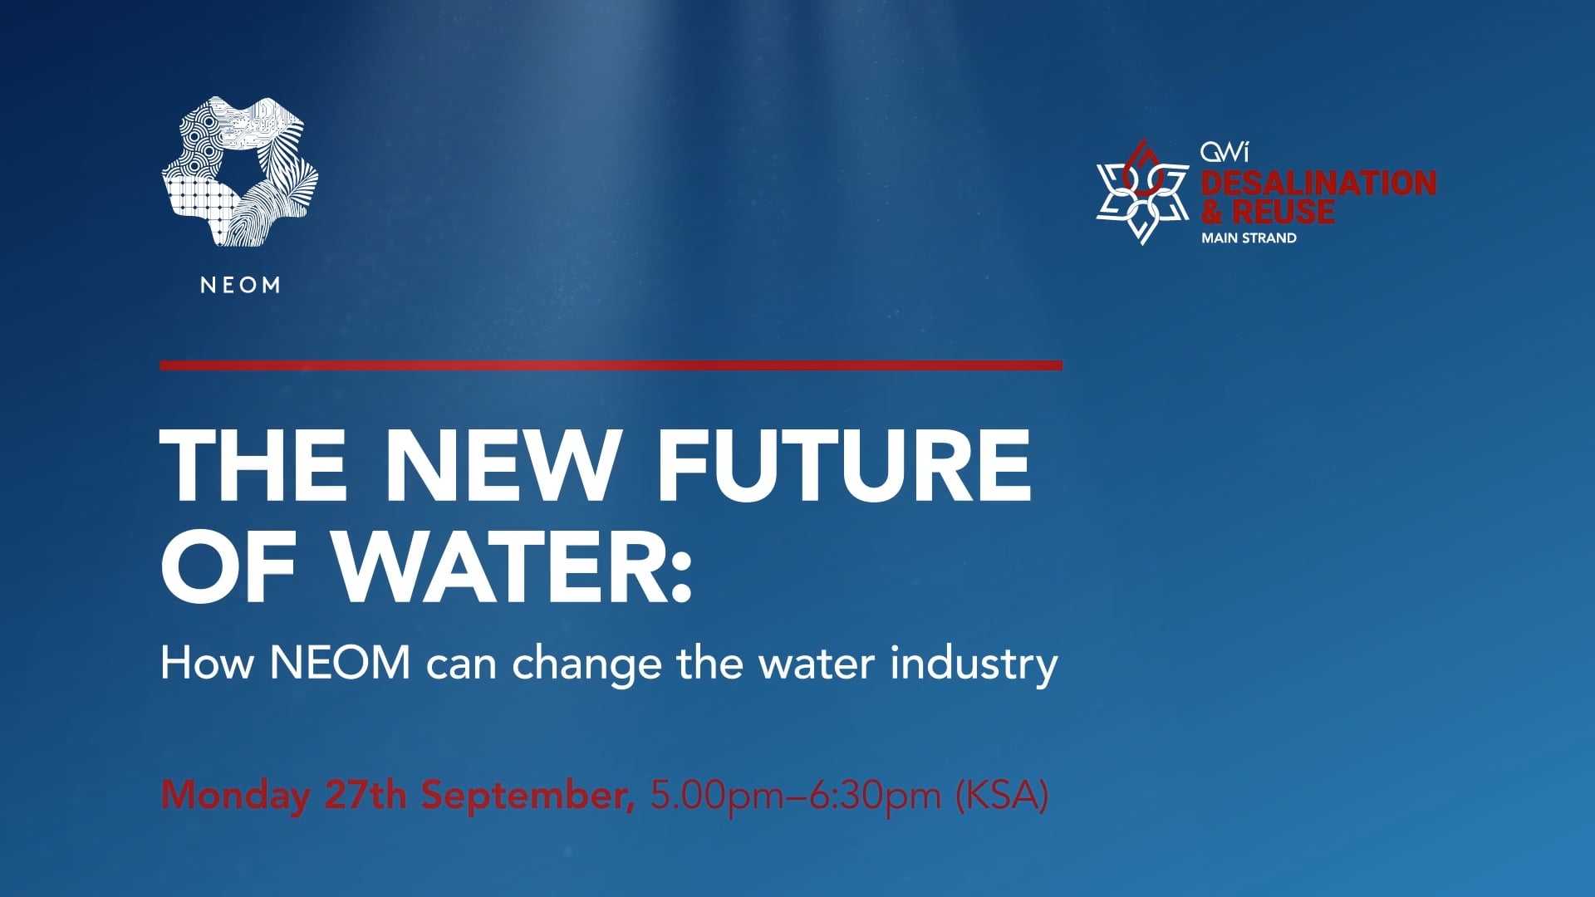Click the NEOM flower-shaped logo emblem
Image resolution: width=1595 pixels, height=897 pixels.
[x=240, y=172]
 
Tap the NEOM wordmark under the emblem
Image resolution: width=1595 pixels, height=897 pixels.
[x=240, y=285]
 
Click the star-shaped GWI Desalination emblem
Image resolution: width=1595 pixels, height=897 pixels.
[x=1141, y=193]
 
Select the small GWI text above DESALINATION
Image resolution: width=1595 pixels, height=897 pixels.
[x=1224, y=152]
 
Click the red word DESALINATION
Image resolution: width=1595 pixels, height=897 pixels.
[x=1318, y=183]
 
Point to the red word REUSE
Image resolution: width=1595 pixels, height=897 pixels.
[x=1283, y=212]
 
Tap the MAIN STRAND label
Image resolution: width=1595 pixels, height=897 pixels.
[x=1249, y=238]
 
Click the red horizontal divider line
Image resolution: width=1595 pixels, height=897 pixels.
[x=611, y=365]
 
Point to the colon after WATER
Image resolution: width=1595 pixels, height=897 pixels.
[x=680, y=573]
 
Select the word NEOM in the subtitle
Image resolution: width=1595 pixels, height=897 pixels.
[x=340, y=663]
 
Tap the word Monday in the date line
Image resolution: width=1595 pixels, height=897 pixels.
[x=235, y=796]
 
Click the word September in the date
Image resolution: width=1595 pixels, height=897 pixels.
[x=527, y=796]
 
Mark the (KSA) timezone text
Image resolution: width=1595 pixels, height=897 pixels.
[x=1002, y=796]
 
